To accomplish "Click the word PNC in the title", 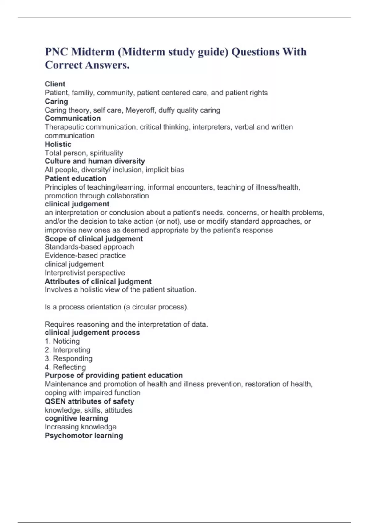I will click(56, 52).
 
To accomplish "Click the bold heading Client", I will click(55, 84).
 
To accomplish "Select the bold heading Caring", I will click(56, 101).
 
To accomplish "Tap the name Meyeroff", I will click(140, 110).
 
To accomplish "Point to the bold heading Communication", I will click(73, 118).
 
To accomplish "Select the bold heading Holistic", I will click(58, 144).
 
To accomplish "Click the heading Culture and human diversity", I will click(95, 161).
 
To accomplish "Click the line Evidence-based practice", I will click(85, 255).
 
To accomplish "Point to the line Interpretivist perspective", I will click(85, 273).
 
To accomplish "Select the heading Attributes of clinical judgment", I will click(98, 281).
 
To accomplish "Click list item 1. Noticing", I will click(62, 341).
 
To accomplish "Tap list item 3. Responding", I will click(68, 358).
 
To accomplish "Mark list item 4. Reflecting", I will click(65, 367).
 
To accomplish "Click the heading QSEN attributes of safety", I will click(89, 401).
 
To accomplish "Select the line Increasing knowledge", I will click(81, 427).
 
